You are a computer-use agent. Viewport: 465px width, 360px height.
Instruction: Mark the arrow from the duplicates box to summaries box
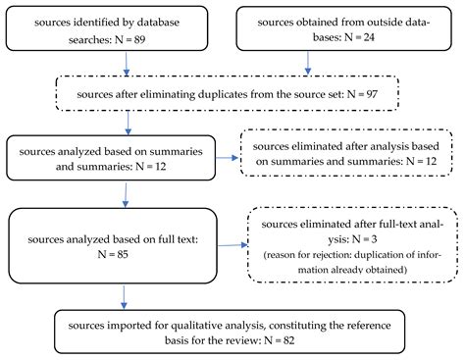(129, 123)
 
